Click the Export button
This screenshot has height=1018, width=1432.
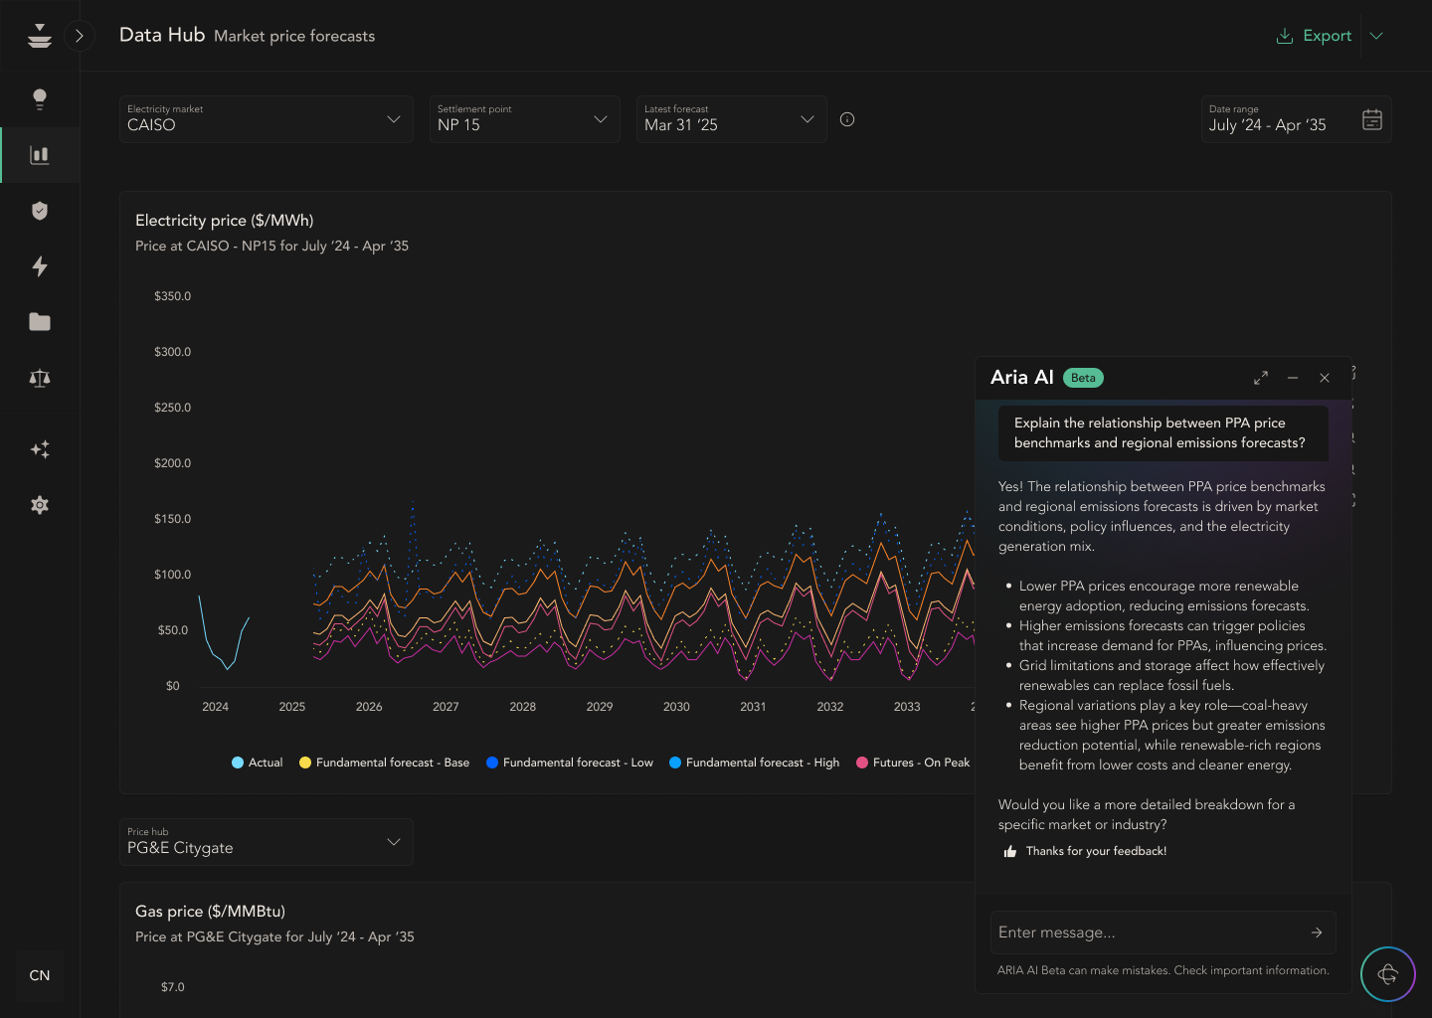tap(1314, 36)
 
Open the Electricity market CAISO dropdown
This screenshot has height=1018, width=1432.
tap(266, 119)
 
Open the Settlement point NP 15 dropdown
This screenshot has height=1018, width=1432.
tap(524, 119)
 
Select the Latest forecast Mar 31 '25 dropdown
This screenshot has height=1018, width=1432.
tap(731, 119)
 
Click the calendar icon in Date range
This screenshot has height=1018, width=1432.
tap(1371, 120)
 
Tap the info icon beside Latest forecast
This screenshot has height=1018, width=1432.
tap(847, 119)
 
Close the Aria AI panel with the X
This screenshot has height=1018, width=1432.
tap(1324, 378)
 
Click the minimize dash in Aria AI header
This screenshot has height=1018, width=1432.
tap(1292, 378)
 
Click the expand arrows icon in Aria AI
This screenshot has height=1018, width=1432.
tap(1260, 378)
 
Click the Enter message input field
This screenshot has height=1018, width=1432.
tap(1149, 933)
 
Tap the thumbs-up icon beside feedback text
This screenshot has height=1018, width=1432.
tap(1010, 851)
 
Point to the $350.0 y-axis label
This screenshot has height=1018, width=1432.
tap(172, 296)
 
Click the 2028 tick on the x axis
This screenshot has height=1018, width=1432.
tap(522, 707)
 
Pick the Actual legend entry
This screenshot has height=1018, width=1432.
tap(258, 763)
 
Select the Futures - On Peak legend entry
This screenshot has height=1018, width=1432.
tap(913, 763)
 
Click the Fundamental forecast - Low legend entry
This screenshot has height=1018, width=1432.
tap(570, 763)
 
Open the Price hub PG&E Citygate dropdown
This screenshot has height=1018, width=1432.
tap(266, 842)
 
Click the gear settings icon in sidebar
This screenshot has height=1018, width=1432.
tap(40, 505)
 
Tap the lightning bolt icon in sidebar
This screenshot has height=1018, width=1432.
tap(40, 266)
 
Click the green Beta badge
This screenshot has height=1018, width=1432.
tap(1083, 378)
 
